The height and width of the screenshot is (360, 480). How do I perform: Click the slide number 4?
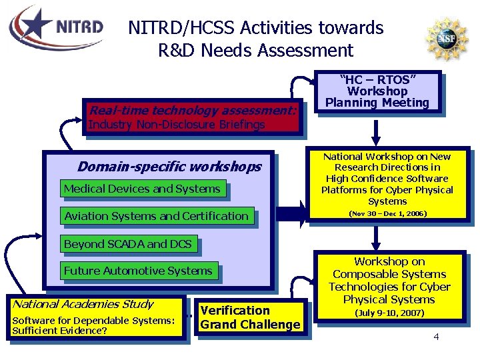point(436,337)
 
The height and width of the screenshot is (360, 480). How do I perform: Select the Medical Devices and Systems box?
point(142,189)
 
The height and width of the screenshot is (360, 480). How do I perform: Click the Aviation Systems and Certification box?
point(156,216)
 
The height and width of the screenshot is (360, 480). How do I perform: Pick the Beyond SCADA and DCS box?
point(127,244)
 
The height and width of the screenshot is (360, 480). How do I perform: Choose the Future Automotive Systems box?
point(138,271)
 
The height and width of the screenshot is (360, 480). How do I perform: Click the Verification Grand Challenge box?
point(250,318)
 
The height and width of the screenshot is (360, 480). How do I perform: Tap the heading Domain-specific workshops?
point(169,166)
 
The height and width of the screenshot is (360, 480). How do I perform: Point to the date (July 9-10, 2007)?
point(389,313)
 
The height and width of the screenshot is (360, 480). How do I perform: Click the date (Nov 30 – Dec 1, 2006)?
point(388,213)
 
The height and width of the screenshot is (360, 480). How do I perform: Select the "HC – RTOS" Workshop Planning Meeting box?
point(377,91)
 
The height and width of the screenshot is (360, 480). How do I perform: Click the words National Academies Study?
point(83,304)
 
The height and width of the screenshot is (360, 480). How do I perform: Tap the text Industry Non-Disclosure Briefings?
point(177,125)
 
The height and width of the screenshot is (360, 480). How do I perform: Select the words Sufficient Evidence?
point(60,330)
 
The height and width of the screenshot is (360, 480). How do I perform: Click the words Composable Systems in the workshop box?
point(389,274)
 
